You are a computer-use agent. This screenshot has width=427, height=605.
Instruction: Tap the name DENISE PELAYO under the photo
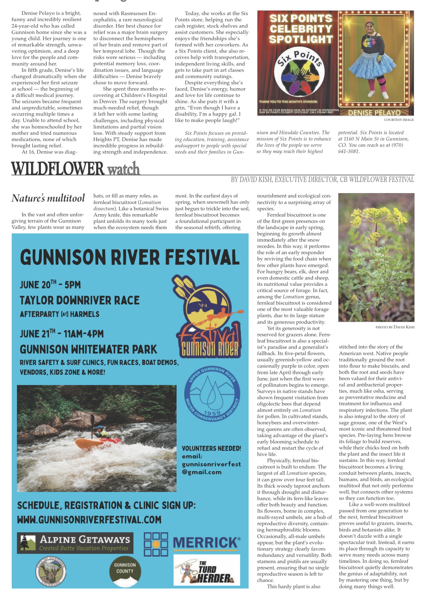374,112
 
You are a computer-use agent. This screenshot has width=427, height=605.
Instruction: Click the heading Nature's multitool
48,198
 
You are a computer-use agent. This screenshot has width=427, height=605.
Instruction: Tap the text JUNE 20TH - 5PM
50,285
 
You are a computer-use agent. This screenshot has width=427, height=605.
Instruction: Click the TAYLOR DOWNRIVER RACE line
80,300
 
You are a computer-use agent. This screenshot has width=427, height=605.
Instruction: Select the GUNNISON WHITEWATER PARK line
88,349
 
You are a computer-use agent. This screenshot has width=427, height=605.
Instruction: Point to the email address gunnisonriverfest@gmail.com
211,468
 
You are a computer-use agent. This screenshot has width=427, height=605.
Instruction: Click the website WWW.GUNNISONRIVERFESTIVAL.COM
89,520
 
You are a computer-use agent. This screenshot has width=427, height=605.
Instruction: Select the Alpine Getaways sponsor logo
75,543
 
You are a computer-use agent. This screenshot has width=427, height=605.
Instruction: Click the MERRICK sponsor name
207,543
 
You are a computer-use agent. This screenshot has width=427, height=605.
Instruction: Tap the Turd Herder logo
207,570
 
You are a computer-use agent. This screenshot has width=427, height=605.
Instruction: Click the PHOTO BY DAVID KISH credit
395,327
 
